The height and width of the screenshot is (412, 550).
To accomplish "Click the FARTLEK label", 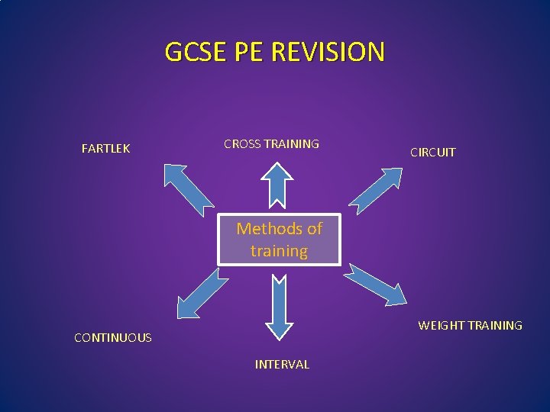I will tap(105, 149).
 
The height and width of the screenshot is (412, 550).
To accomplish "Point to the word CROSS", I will tap(242, 143).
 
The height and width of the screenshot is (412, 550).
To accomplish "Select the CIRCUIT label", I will tap(432, 152).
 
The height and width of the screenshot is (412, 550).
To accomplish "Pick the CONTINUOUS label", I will tap(112, 337).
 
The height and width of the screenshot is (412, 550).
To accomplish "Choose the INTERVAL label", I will tap(282, 365).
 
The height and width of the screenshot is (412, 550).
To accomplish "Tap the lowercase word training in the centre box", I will tap(279, 251).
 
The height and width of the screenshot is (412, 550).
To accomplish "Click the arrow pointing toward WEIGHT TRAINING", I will tap(378, 283).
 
